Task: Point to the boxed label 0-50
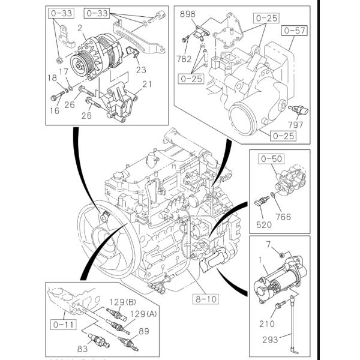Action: click(271, 159)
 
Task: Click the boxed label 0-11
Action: click(61, 326)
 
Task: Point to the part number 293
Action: click(270, 340)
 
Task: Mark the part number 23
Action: click(142, 69)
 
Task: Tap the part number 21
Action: click(147, 83)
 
